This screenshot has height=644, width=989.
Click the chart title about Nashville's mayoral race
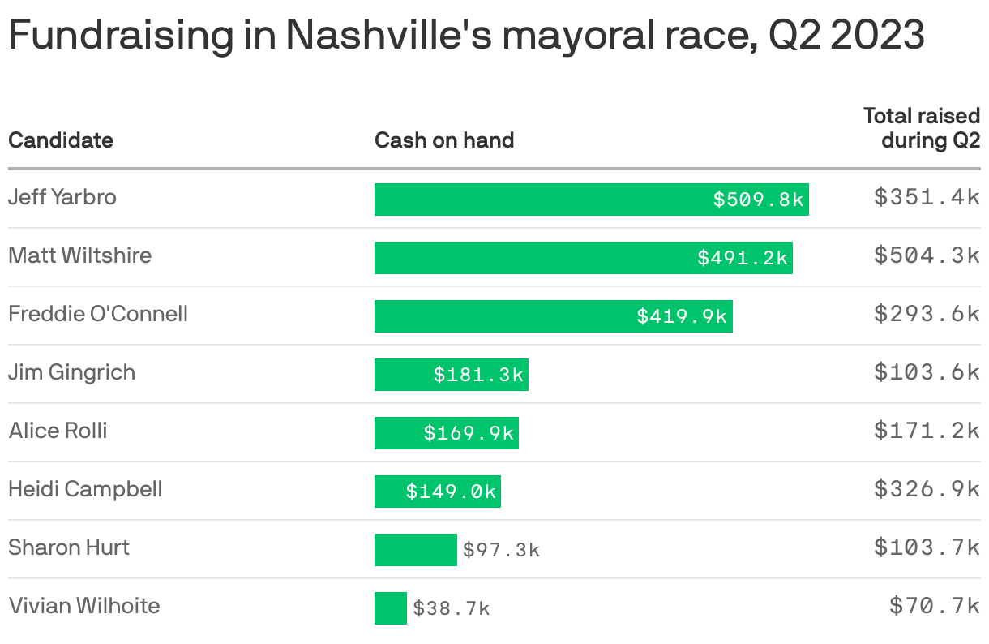466,36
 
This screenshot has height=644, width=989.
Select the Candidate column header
61,140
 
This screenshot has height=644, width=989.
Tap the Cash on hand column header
444,140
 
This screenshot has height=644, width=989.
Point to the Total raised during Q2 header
922,128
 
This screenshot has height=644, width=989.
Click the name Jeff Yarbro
62,197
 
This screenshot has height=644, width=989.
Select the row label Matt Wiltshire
79,255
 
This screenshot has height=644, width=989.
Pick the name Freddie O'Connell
98,314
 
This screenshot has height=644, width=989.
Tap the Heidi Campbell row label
85,489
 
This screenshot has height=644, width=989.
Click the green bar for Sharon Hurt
415,550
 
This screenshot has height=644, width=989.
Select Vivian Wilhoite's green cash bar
390,608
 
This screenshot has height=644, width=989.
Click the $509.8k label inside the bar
758,200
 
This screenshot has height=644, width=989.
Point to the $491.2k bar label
743,258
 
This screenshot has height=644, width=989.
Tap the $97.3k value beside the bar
501,550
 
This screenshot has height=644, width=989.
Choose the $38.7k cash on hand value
452,608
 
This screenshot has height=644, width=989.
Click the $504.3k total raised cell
927,255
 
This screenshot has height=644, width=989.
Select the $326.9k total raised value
927,489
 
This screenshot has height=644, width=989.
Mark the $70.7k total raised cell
934,606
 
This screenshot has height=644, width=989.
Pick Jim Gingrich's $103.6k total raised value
927,372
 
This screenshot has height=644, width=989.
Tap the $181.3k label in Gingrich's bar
478,375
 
